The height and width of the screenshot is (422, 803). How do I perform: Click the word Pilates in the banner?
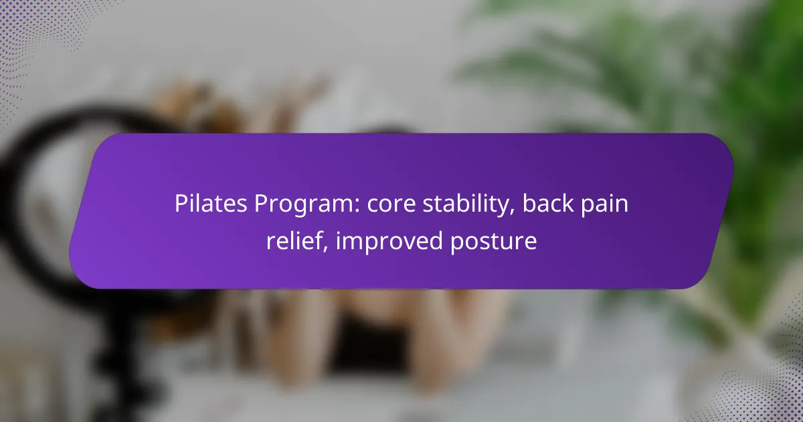[211, 204]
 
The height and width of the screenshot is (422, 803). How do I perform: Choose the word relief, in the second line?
[297, 240]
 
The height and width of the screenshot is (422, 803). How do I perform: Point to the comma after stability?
[512, 212]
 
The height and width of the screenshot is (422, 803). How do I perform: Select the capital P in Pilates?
[181, 204]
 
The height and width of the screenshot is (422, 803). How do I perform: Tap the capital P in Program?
[261, 204]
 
